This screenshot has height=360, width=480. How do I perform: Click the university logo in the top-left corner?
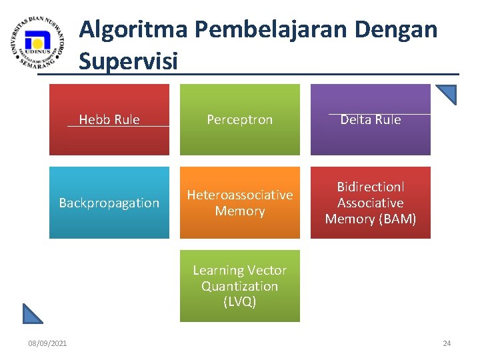click(x=38, y=43)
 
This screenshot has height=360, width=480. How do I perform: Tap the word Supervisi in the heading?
click(x=128, y=61)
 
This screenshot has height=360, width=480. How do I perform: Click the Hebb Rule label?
click(x=109, y=120)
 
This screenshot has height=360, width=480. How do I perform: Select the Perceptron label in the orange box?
click(x=239, y=120)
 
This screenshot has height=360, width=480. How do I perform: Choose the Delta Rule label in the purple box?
click(x=370, y=120)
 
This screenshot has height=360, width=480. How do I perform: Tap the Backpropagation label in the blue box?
click(x=109, y=203)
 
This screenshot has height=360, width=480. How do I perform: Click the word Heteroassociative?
click(x=239, y=195)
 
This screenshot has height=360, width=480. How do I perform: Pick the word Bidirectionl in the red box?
click(x=370, y=187)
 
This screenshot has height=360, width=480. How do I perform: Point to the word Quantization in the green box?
click(x=239, y=286)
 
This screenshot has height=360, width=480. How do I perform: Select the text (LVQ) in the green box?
click(x=239, y=301)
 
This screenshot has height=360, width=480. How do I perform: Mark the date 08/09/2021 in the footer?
click(x=47, y=343)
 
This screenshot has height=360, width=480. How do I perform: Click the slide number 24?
click(x=447, y=343)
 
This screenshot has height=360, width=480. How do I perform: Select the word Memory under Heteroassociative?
click(x=239, y=211)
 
